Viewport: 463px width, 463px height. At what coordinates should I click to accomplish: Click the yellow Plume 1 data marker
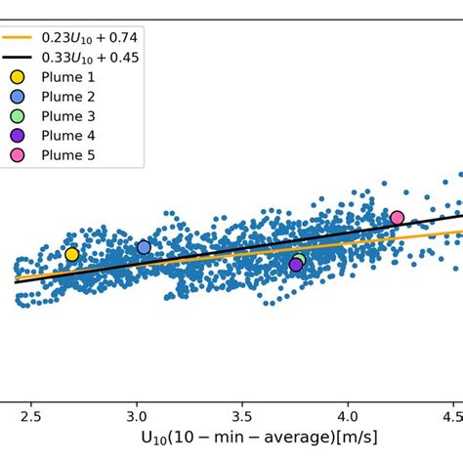pos(71,254)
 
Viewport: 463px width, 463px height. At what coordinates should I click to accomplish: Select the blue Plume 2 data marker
pos(144,247)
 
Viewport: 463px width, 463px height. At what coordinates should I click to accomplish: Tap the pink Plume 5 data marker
pos(397,218)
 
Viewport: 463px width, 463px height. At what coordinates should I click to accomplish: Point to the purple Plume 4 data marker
pos(296,265)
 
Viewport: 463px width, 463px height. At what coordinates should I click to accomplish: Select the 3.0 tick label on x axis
pos(136,415)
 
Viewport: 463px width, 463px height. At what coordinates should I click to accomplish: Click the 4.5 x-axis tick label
pos(451,415)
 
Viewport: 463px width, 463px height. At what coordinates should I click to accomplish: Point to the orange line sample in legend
pos(16,37)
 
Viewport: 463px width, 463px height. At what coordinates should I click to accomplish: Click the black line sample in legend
pos(16,57)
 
